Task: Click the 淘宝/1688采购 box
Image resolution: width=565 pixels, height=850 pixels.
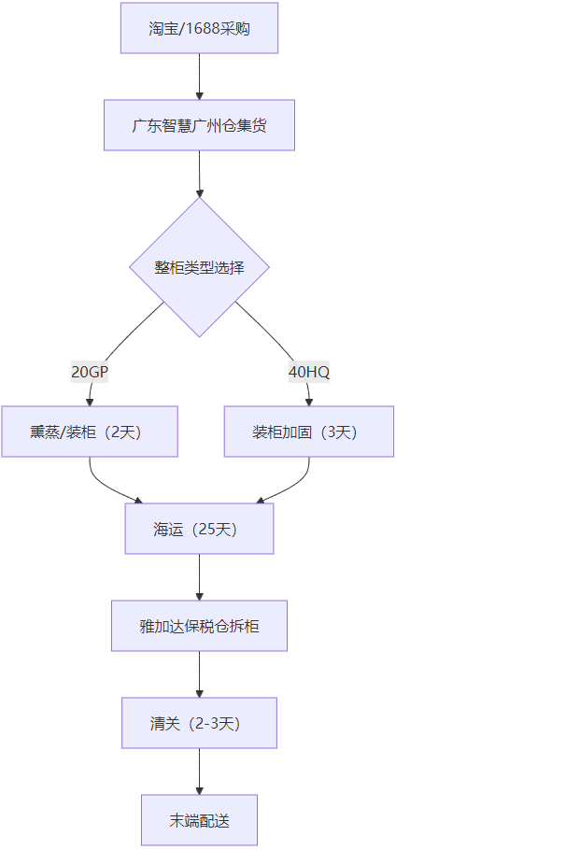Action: [199, 28]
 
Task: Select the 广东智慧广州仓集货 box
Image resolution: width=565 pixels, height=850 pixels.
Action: [199, 125]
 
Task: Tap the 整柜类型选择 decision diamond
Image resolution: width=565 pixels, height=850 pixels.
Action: [199, 267]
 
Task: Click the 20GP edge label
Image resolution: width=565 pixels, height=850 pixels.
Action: [90, 372]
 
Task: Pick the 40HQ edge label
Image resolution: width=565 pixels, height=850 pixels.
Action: [309, 372]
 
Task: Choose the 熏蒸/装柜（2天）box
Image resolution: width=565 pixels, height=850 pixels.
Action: [90, 432]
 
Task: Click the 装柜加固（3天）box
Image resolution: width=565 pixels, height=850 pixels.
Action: [309, 432]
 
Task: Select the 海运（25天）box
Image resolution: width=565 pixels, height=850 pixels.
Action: [199, 529]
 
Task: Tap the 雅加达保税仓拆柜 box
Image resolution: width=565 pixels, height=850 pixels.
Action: [199, 626]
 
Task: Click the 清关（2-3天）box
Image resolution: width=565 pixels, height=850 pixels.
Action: [199, 723]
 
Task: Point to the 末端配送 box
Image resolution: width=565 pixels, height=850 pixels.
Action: [199, 820]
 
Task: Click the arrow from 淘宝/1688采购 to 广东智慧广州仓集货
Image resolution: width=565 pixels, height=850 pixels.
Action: [199, 77]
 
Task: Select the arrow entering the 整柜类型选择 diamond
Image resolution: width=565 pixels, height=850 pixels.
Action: [199, 174]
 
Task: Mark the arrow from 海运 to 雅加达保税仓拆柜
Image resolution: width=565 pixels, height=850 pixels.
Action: [199, 577]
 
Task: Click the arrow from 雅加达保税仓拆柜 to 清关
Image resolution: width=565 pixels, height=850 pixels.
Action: [199, 674]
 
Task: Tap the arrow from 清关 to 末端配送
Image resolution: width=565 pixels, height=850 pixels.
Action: [199, 772]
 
